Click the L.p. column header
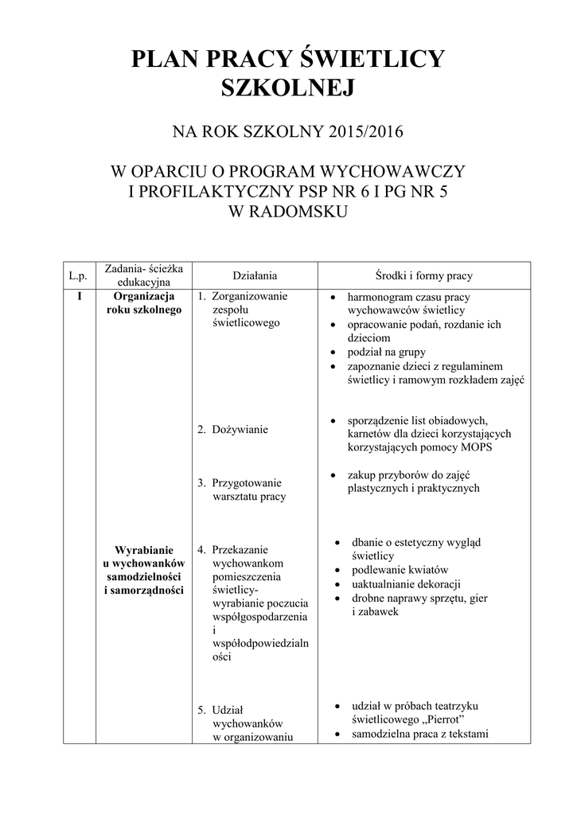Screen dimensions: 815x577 pyautogui.click(x=77, y=275)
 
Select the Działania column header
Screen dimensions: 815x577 pyautogui.click(x=254, y=275)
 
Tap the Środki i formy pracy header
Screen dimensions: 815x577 pyautogui.click(x=423, y=275)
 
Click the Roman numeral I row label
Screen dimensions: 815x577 pyautogui.click(x=79, y=296)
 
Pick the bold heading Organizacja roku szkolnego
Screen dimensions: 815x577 pyautogui.click(x=144, y=303)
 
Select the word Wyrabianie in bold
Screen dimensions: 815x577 pyautogui.click(x=144, y=550)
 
